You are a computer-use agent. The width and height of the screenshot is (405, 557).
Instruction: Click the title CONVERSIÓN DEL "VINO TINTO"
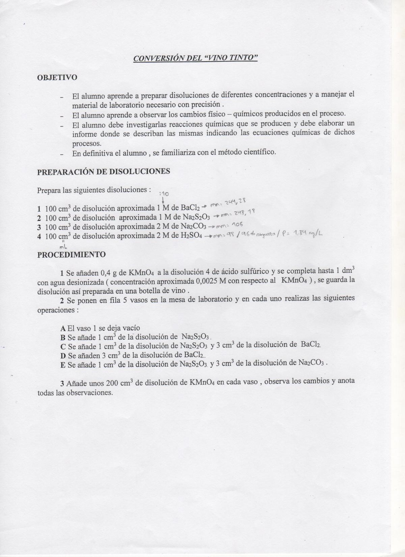click(195, 58)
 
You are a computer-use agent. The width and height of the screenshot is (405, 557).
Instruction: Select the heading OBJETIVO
click(57, 78)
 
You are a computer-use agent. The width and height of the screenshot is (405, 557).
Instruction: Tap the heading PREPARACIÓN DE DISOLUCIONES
click(103, 172)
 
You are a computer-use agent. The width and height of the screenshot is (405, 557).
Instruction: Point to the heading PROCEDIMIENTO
click(71, 255)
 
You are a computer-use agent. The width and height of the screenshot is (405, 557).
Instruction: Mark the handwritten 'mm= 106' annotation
click(230, 225)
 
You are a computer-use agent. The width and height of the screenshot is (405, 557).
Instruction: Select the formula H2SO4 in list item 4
click(191, 236)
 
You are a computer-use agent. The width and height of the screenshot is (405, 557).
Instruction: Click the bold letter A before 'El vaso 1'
click(63, 328)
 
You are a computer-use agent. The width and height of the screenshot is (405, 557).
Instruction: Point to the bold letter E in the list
click(63, 364)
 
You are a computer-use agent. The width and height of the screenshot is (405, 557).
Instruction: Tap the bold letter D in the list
click(63, 355)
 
